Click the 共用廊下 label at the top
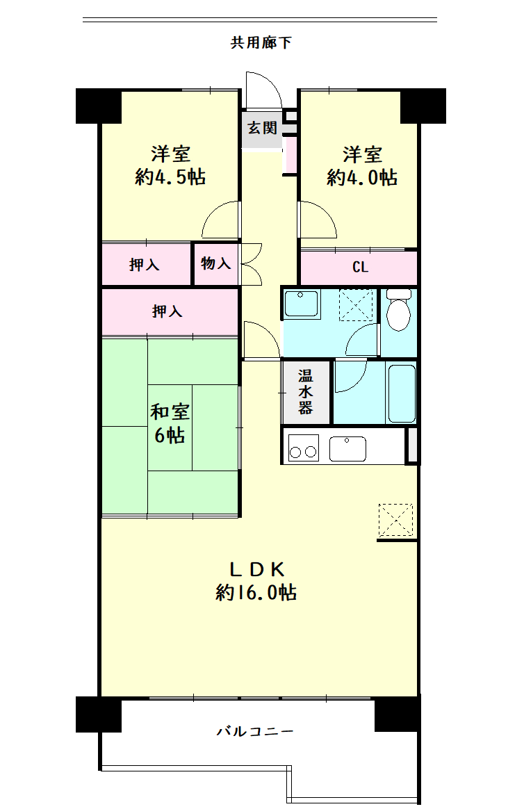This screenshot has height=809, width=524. [261, 42]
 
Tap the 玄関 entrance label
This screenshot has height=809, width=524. [262, 127]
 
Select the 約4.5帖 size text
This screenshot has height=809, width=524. [170, 177]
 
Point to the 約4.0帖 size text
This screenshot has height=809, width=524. [361, 177]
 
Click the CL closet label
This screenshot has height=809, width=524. [360, 267]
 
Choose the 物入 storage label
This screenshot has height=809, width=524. [215, 263]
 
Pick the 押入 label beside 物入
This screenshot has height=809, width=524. [144, 265]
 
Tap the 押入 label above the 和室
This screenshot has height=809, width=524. [167, 311]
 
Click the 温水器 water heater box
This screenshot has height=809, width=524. [305, 392]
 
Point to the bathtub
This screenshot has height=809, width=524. [402, 393]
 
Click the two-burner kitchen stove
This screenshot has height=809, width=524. [303, 448]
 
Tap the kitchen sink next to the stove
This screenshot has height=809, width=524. [347, 448]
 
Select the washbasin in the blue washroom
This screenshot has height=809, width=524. [301, 303]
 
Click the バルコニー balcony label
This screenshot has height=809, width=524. [255, 731]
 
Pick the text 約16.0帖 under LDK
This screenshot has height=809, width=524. [256, 592]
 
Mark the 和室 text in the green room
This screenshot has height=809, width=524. [170, 411]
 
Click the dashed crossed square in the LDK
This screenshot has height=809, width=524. [395, 521]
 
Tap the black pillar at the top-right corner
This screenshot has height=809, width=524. [423, 106]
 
